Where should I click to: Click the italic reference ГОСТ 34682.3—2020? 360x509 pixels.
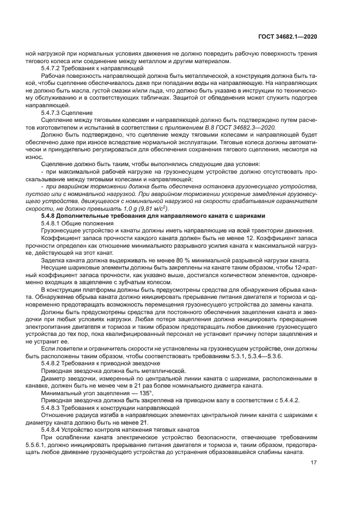[x=258, y=127]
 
